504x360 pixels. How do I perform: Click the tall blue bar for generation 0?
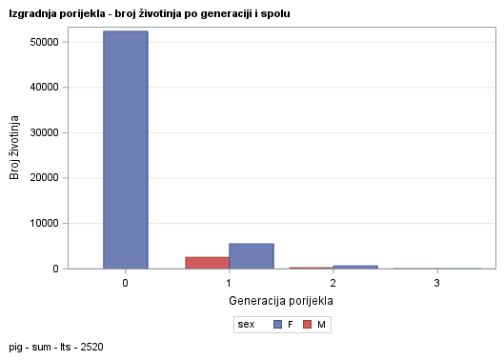tap(126, 150)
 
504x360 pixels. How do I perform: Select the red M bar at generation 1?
tap(207, 263)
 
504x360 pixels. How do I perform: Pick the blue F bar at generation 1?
tap(252, 256)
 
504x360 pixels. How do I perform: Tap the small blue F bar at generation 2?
tap(355, 267)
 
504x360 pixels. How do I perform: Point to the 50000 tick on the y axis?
tap(46, 42)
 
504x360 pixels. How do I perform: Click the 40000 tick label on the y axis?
tap(46, 88)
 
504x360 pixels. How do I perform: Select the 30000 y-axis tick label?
tap(46, 132)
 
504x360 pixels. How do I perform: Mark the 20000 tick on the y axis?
tap(46, 178)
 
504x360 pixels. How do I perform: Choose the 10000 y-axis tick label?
tap(46, 223)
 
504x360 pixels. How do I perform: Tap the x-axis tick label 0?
tap(126, 284)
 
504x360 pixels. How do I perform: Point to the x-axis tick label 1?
tap(230, 284)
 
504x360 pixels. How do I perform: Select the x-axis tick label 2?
tap(333, 284)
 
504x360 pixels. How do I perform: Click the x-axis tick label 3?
tap(437, 284)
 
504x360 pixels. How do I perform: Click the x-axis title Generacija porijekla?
tap(281, 301)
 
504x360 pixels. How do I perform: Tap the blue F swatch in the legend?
tap(277, 325)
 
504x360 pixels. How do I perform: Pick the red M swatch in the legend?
tap(308, 325)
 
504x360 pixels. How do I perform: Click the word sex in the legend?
tap(247, 325)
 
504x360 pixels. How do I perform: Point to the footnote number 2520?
tap(91, 348)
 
